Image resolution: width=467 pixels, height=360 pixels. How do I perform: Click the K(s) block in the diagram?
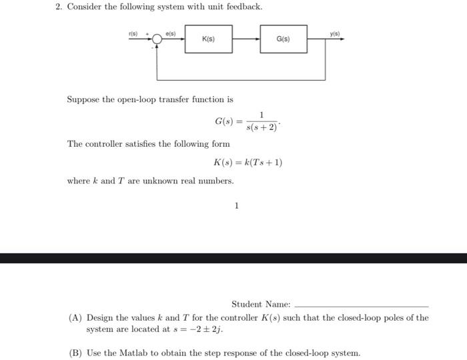click(208, 39)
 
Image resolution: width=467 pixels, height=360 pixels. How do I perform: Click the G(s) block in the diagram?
click(283, 39)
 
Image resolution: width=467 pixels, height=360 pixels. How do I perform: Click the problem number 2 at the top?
click(58, 7)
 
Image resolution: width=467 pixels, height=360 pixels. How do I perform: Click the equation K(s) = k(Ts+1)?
click(248, 162)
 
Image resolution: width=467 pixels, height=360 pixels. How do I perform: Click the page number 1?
click(236, 206)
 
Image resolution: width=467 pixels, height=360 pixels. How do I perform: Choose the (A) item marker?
click(75, 318)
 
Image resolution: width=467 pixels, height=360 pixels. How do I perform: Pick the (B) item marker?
click(75, 353)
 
